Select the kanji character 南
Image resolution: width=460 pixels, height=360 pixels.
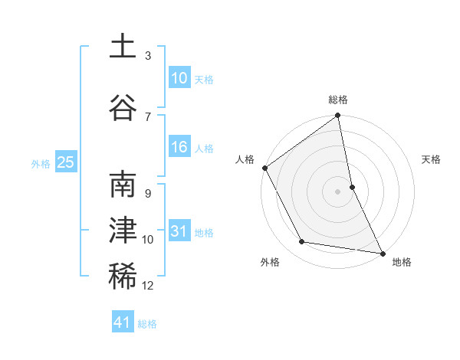123,186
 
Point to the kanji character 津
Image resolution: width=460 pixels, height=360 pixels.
123,231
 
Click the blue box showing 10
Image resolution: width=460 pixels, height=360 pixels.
179,77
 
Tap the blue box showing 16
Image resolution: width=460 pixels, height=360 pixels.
179,147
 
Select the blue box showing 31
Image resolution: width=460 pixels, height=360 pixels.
179,231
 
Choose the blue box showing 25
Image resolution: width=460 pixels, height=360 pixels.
65,162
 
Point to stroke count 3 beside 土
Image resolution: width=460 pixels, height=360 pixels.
148,56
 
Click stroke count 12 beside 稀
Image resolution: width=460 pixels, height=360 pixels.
148,286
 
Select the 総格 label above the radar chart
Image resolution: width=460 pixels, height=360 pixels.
338,100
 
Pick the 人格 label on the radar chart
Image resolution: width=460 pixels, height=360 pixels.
245,159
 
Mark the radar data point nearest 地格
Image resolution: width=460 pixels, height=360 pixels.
382,253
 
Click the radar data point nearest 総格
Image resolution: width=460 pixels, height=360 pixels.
338,116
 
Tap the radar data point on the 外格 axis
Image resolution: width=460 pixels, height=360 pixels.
302,242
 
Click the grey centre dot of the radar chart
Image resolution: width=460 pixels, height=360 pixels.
338,191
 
